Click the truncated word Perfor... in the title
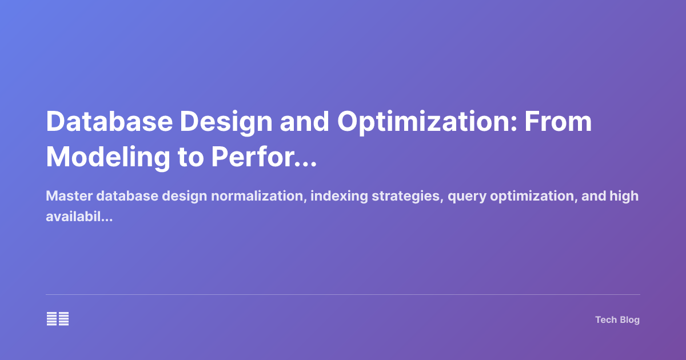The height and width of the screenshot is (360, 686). click(264, 157)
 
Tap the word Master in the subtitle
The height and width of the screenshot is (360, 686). click(69, 197)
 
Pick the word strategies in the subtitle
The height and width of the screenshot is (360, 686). click(407, 197)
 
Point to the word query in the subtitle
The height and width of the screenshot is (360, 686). click(465, 197)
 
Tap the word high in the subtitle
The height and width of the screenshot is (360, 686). click(624, 197)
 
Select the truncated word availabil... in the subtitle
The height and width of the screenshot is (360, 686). click(78, 217)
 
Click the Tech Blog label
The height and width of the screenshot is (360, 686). click(617, 320)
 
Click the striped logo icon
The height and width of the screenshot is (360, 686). click(58, 319)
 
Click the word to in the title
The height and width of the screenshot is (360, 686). click(191, 157)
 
